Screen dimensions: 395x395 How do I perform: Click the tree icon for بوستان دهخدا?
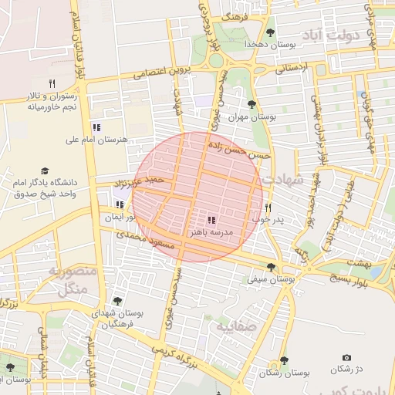pos(270,32)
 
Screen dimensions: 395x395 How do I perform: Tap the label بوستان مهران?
pos(252,117)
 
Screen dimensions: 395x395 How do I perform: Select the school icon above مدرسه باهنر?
pos(211,220)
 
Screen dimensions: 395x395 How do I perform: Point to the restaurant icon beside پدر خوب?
pos(268,208)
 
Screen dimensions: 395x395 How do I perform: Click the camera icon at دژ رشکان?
pos(346,358)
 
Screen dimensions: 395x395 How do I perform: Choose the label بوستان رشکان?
pos(285,372)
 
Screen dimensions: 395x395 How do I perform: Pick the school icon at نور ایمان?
pos(119,204)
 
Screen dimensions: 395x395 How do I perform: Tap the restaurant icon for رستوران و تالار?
pos(52,83)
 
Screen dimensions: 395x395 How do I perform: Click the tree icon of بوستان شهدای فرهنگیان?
pos(116,301)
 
